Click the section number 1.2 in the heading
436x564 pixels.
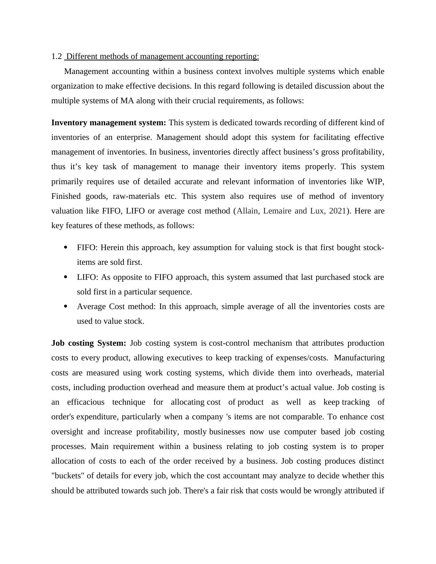56,56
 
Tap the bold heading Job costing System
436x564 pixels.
89,343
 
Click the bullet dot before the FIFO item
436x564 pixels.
66,248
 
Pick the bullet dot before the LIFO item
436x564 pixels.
66,277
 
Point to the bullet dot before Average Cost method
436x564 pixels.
66,307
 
